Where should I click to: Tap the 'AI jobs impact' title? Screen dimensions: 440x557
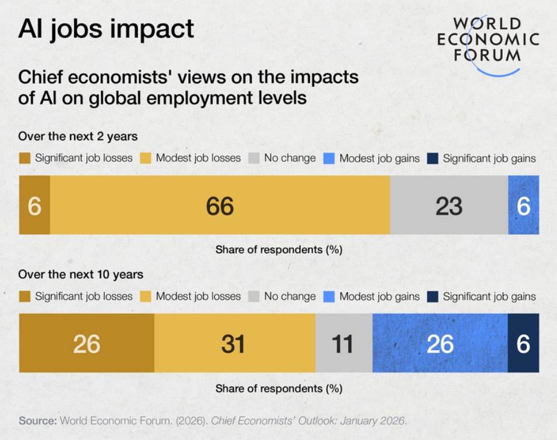coord(106,29)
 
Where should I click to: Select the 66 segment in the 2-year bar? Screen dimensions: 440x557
coord(220,206)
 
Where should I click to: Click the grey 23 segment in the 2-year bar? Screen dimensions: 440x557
coord(449,206)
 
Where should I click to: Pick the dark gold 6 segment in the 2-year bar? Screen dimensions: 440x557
coord(34,206)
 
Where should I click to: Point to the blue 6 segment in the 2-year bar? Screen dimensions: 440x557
coord(523,206)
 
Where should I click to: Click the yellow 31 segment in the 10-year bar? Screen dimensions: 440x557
coord(234,343)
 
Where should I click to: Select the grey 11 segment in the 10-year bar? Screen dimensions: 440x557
coord(343,343)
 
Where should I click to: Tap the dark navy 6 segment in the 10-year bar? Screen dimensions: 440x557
coord(523,343)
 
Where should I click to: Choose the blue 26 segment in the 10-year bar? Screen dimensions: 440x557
coord(440,343)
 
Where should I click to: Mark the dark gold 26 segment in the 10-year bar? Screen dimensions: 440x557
coord(87,343)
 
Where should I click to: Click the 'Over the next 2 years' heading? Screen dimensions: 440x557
coord(78,136)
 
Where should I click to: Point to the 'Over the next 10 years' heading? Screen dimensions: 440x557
coord(81,274)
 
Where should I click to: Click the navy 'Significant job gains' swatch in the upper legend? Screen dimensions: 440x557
coord(432,159)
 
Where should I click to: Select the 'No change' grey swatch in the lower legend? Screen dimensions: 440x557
coord(253,297)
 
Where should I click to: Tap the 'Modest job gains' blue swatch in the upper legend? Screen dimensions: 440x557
coord(329,159)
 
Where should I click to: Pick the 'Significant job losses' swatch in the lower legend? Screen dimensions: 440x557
coord(24,297)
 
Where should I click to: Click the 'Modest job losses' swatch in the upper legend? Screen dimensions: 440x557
coord(145,159)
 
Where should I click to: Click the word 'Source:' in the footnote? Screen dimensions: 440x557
coord(38,420)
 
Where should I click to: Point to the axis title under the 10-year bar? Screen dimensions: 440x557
coord(278,388)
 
